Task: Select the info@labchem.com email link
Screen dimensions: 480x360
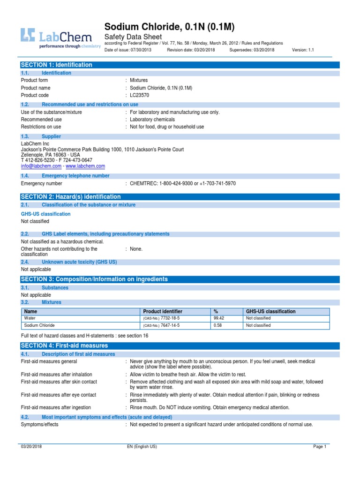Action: click(41, 166)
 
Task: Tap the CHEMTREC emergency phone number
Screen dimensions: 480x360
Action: click(183, 183)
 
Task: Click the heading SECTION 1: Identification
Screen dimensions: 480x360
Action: click(56, 65)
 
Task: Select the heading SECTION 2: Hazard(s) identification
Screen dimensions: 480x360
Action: click(71, 197)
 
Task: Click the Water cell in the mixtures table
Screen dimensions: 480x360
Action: click(30, 318)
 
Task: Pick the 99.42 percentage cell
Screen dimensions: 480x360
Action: click(219, 318)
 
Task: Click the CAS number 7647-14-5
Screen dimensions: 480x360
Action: click(170, 325)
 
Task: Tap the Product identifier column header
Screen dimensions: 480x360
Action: click(163, 311)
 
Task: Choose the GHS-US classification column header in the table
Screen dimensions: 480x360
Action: click(271, 311)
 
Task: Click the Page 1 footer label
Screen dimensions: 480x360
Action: click(319, 447)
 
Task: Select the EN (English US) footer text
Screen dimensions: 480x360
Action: click(142, 447)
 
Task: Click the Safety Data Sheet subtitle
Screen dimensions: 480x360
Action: click(133, 37)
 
